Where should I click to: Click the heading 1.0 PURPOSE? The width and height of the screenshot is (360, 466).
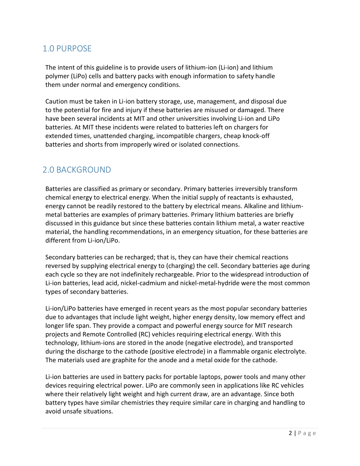(x=67, y=48)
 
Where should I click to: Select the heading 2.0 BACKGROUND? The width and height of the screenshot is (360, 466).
(x=77, y=170)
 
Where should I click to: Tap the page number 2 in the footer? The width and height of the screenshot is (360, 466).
(x=290, y=433)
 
